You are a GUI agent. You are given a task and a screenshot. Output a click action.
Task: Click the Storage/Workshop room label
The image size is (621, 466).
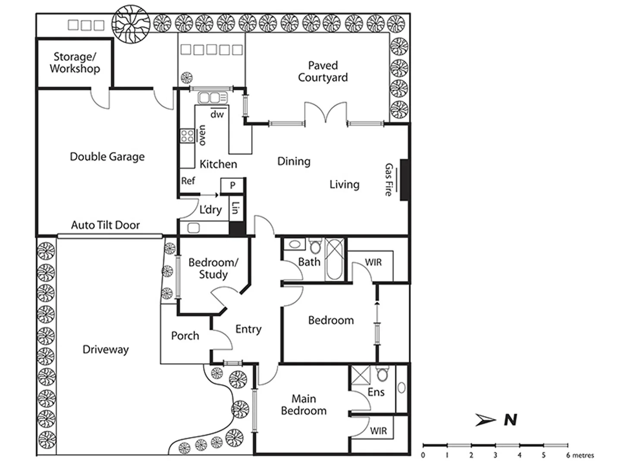pos(75,63)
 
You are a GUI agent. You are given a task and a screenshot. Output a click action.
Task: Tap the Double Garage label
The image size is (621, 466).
pos(107,157)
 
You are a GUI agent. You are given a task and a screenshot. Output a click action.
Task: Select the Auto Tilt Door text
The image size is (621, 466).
pos(105,225)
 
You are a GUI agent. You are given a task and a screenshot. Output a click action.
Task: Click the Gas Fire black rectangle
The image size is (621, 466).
pos(404,180)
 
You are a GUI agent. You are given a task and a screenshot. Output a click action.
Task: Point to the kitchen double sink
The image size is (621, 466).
pos(209,98)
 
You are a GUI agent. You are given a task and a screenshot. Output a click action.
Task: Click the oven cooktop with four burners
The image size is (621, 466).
pos(187,136)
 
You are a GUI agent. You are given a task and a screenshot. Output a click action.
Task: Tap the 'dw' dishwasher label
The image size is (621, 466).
pos(217,114)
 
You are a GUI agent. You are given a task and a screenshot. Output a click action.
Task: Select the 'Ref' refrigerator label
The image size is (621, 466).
pos(188,181)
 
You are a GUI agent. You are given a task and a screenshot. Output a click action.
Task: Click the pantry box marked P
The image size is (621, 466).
pos(232,186)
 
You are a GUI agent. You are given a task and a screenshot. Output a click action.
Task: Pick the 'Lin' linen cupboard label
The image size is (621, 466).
pos(235,208)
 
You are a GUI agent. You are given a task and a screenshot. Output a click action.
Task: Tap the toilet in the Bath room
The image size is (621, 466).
pos(315,246)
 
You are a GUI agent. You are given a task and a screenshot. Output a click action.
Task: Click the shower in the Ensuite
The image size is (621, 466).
pos(360,375)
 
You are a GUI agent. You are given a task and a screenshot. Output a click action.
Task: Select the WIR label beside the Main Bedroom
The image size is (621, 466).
pos(378,431)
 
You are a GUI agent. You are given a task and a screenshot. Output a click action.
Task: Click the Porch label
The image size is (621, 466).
pos(185,336)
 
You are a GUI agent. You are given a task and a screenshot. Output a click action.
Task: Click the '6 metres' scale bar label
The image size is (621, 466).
pos(580,455)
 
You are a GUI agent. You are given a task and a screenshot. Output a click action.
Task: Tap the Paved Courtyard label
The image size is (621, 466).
pos(323,72)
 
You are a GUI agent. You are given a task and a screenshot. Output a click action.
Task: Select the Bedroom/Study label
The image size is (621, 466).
pos(213,268)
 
